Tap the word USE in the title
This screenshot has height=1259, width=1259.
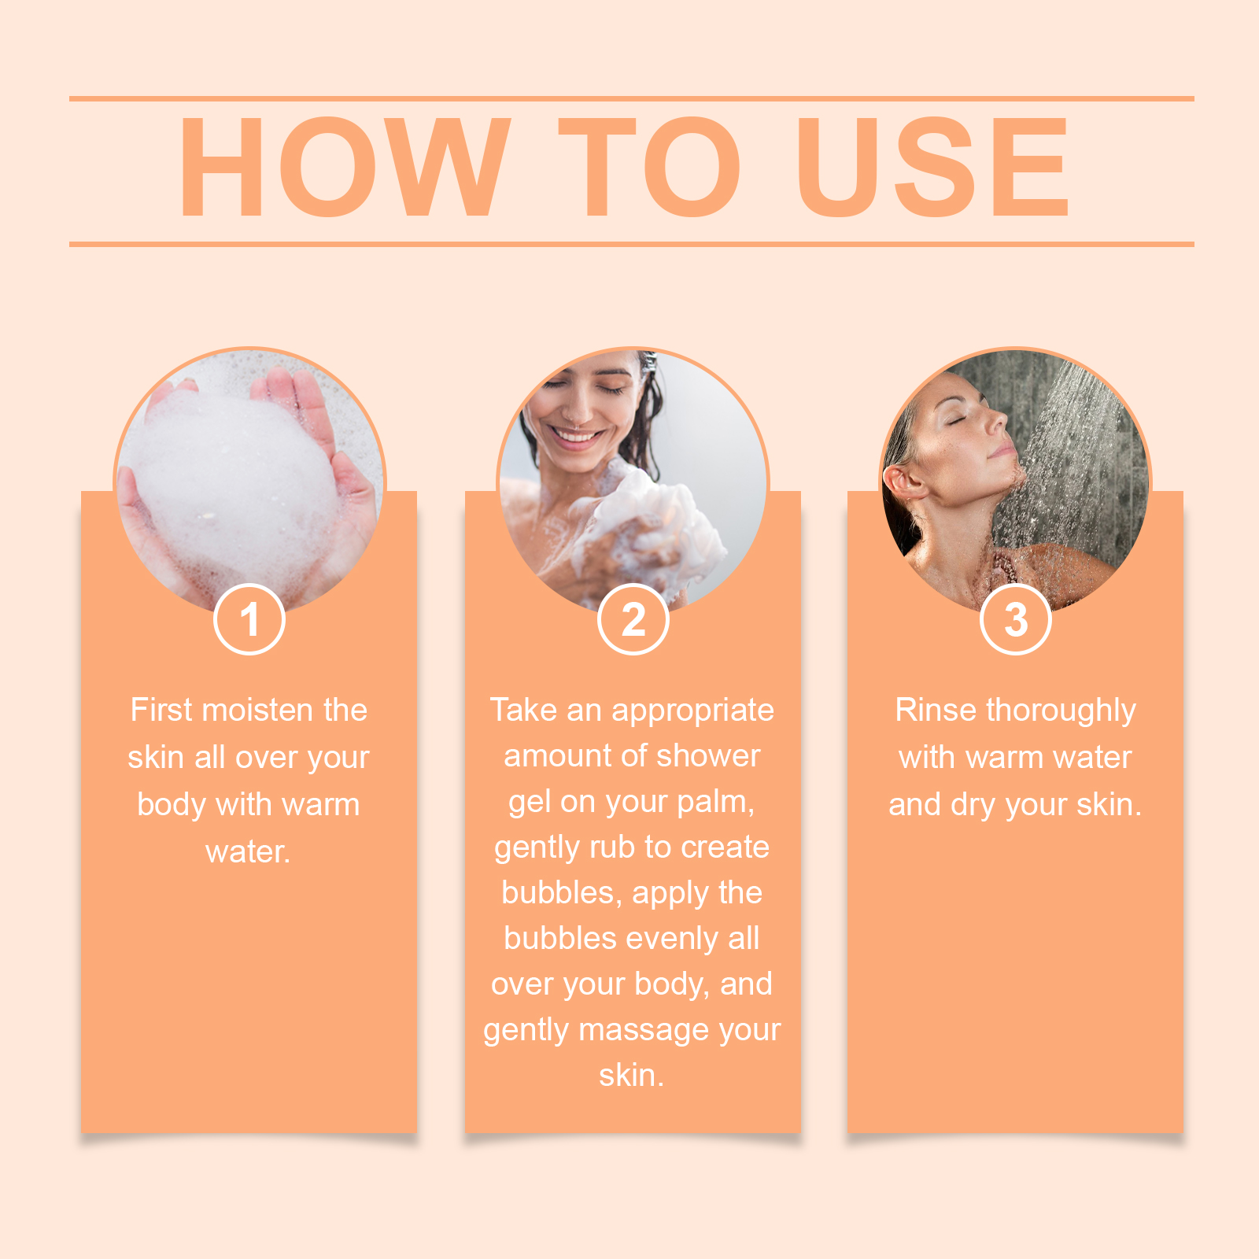pyautogui.click(x=932, y=167)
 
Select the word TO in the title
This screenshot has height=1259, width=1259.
pyautogui.click(x=650, y=167)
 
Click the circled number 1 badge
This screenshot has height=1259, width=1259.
pyautogui.click(x=249, y=619)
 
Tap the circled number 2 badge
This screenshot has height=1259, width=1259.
pyautogui.click(x=633, y=619)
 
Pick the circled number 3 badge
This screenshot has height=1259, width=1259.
pyautogui.click(x=1016, y=619)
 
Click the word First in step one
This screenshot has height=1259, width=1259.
pyautogui.click(x=161, y=710)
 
